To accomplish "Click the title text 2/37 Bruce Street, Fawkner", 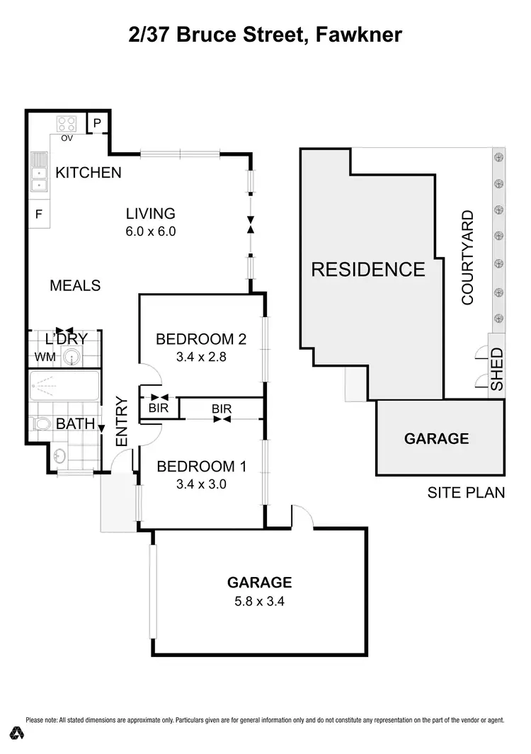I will pyautogui.click(x=265, y=35).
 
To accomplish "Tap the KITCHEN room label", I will pyautogui.click(x=88, y=172).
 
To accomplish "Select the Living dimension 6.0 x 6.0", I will pyautogui.click(x=150, y=231).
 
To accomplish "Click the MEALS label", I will pyautogui.click(x=75, y=285).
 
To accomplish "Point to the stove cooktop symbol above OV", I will pyautogui.click(x=67, y=124).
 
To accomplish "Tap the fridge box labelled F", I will pyautogui.click(x=38, y=213).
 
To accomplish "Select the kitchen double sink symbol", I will pyautogui.click(x=38, y=174).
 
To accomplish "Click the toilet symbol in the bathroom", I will pyautogui.click(x=42, y=423).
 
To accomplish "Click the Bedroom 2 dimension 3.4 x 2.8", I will pyautogui.click(x=200, y=357).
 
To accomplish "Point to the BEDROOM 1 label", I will pyautogui.click(x=200, y=467).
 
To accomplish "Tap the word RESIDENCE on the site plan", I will pyautogui.click(x=368, y=269).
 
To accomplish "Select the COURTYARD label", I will pyautogui.click(x=467, y=258).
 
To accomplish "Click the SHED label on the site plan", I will pyautogui.click(x=497, y=369).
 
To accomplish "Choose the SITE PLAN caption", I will pyautogui.click(x=466, y=492).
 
